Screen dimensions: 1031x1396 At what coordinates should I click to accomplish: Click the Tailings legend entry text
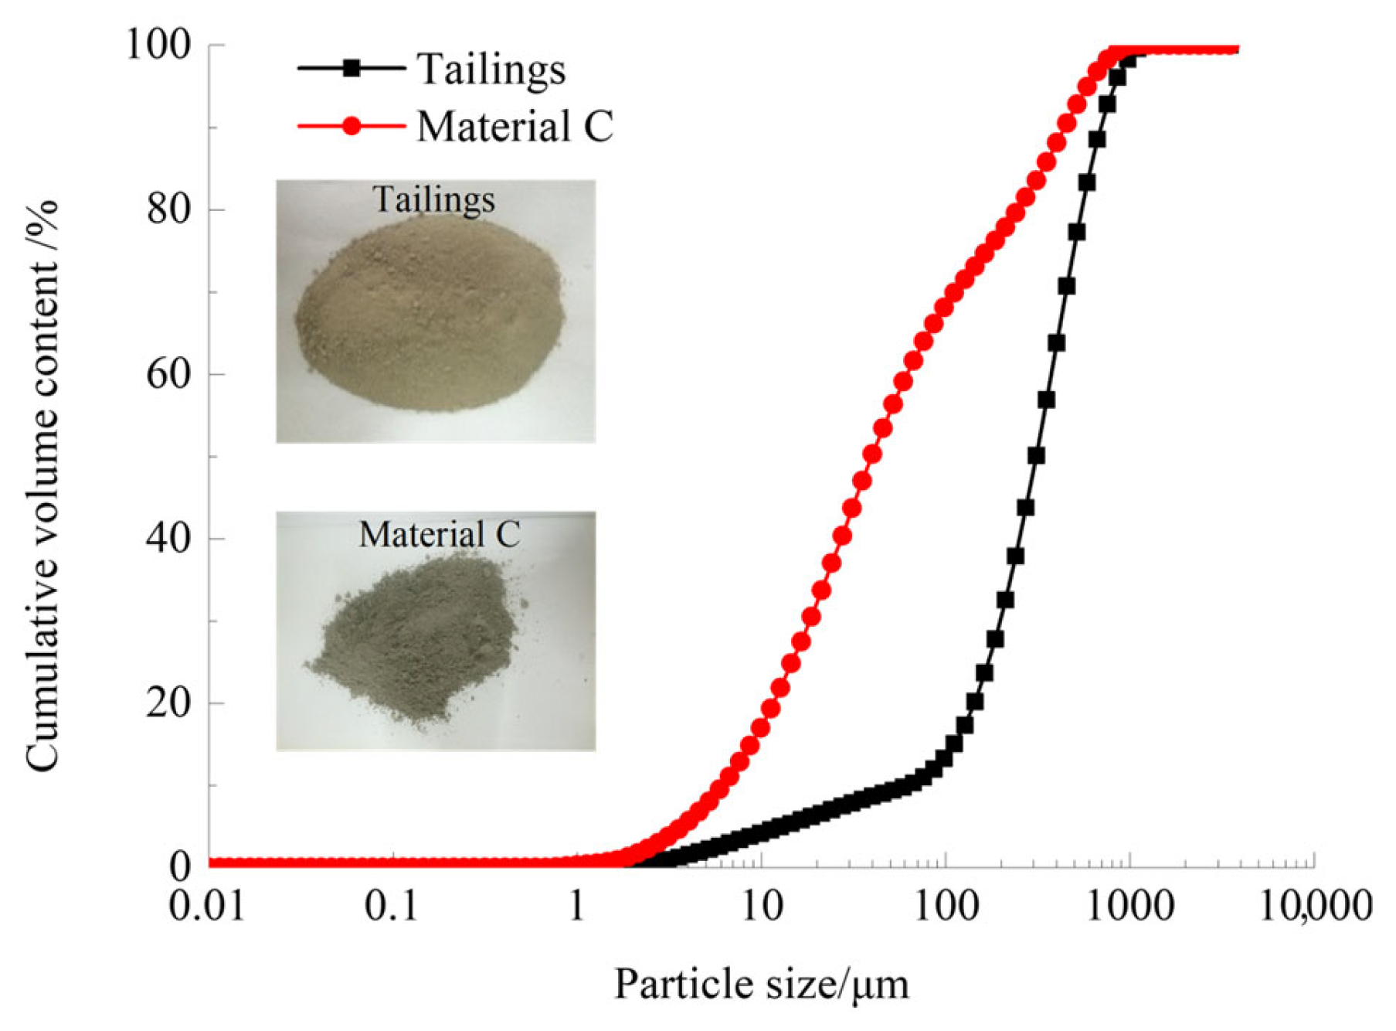[x=491, y=70]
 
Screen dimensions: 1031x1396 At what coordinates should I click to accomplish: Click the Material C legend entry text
[x=515, y=127]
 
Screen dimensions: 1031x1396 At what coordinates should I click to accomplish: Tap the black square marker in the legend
[x=352, y=68]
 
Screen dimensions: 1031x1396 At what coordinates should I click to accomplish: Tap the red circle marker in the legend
[x=352, y=126]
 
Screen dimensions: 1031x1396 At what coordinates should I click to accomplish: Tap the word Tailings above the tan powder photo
[x=433, y=199]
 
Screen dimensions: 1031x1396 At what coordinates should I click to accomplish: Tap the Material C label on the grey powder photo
[x=440, y=534]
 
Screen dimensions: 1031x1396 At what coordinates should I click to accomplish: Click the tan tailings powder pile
[x=430, y=313]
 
